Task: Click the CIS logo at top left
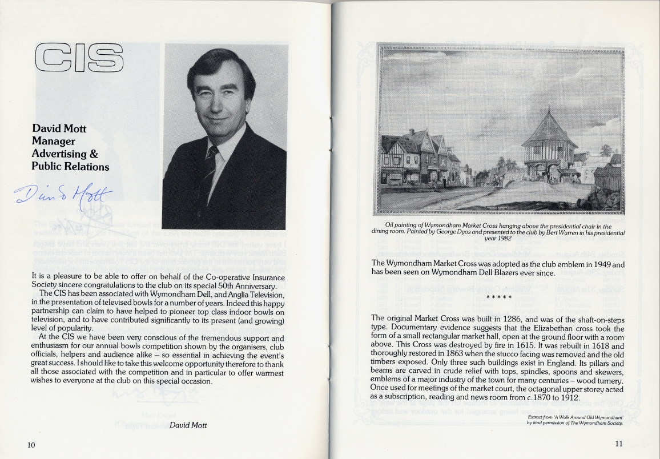point(79,59)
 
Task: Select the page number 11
point(619,444)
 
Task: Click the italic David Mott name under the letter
point(188,425)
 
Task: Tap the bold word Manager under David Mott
point(53,141)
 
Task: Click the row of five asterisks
point(498,297)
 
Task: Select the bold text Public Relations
point(70,167)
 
